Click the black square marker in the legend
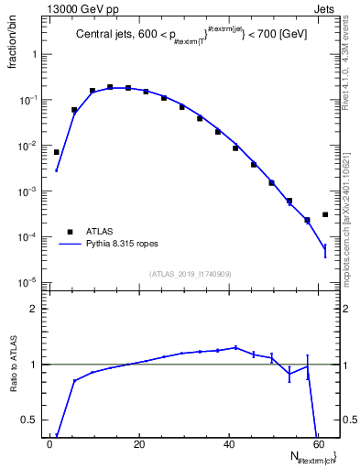click(x=69, y=232)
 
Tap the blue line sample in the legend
click(x=69, y=245)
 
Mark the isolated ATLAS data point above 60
click(x=325, y=214)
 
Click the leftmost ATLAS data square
click(x=57, y=152)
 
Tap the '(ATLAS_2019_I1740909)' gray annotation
click(x=182, y=274)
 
